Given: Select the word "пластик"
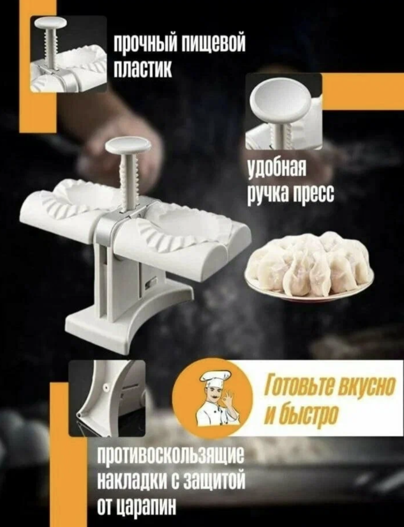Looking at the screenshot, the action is point(144,68).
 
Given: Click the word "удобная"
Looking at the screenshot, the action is point(276,169).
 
